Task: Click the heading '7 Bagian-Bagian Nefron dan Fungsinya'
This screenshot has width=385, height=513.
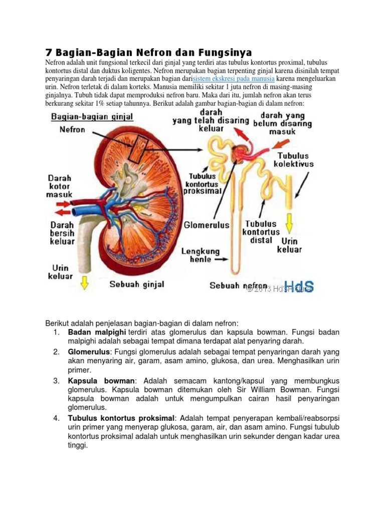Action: point(148,53)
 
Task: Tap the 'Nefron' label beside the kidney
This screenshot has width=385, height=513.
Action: point(72,129)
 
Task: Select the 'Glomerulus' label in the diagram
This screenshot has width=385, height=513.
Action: point(207,225)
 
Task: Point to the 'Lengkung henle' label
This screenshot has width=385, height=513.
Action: point(201,255)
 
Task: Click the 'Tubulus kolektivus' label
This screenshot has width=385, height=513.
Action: point(294,160)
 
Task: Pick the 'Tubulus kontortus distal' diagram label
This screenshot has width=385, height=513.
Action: point(261,232)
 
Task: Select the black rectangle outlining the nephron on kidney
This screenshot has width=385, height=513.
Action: point(137,148)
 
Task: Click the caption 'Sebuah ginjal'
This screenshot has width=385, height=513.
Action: point(137,285)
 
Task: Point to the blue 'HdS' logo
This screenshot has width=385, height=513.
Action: point(301,287)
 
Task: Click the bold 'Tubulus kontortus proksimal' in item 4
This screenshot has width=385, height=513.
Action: point(121,418)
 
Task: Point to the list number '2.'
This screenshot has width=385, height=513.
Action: point(57,352)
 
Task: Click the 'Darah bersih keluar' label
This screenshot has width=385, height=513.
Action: point(62,233)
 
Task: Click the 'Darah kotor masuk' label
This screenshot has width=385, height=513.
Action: point(60,186)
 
